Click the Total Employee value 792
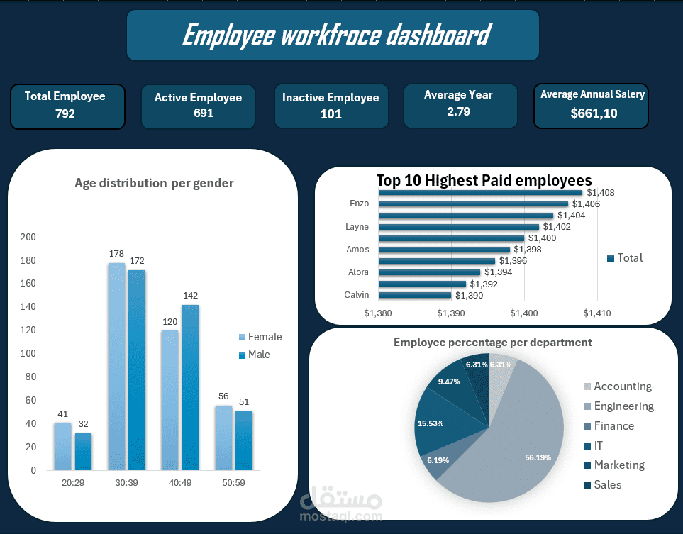(65, 113)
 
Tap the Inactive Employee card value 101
(331, 114)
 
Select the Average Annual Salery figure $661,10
(593, 113)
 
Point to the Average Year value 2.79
(458, 111)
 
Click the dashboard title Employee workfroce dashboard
(335, 35)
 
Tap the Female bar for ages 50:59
(223, 438)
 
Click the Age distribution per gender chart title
(154, 183)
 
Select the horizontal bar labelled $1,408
(480, 193)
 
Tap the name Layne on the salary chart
(357, 227)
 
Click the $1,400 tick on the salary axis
(524, 313)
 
